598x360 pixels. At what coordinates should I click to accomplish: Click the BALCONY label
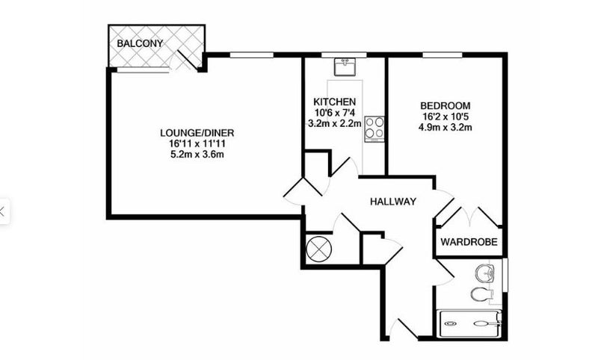tap(140, 43)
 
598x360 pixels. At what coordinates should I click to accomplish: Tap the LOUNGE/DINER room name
tap(197, 133)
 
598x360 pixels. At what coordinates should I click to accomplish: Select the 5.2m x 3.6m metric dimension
tap(197, 155)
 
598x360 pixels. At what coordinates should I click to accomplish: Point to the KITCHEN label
tap(334, 102)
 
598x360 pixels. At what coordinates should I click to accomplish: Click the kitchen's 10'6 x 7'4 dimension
tap(334, 113)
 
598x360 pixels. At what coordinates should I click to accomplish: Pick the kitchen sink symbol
tap(345, 66)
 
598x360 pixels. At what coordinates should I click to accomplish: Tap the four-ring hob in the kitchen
tap(374, 128)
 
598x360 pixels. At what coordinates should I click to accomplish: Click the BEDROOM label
tap(445, 105)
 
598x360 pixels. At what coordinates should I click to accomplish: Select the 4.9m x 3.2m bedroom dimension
tap(445, 127)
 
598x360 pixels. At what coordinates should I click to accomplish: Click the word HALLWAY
tap(393, 202)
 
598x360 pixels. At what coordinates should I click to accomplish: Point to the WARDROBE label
tap(469, 242)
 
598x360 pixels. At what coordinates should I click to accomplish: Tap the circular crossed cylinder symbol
tap(319, 249)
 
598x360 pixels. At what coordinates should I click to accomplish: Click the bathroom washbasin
tap(484, 273)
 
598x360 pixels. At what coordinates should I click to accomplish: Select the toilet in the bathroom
tap(481, 294)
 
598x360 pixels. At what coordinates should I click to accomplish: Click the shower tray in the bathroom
tap(471, 323)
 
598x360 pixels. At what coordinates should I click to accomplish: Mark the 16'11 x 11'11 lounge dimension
tap(197, 144)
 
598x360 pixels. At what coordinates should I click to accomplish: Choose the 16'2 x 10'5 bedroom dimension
tap(445, 117)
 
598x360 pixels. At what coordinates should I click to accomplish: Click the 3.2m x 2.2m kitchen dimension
tap(334, 123)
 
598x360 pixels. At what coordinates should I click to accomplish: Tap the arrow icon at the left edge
tap(2, 211)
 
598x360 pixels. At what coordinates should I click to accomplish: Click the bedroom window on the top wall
tap(442, 55)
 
